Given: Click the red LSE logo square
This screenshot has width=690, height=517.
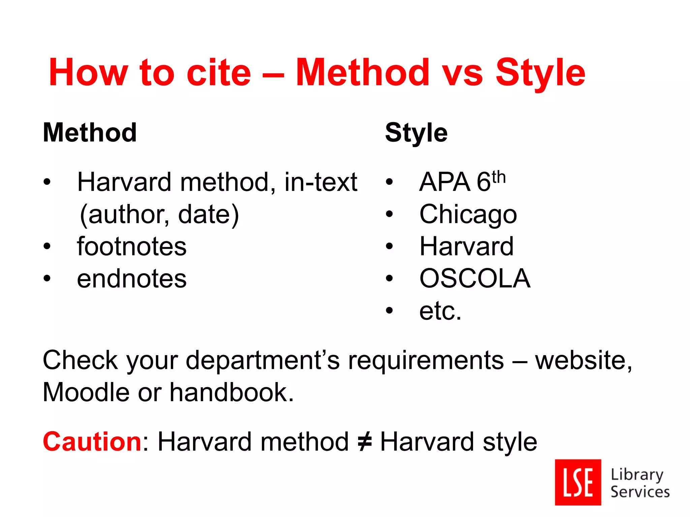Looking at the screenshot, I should [578, 482].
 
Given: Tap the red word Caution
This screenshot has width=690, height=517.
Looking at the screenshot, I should [92, 442].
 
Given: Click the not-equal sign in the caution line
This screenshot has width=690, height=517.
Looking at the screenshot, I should [364, 442].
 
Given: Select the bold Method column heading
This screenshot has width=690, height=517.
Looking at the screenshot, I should [90, 133].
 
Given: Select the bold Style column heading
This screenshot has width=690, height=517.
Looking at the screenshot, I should [416, 133].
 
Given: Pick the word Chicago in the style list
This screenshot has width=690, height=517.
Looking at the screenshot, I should [468, 214].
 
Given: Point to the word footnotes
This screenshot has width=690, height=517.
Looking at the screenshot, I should [131, 246].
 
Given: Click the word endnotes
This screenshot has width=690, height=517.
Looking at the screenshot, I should [131, 279].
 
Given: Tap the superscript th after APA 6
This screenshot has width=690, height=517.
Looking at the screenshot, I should [499, 177].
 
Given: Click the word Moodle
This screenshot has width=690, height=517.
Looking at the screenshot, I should [86, 392].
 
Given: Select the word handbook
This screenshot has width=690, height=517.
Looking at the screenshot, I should [231, 392].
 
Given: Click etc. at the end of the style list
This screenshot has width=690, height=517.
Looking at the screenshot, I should [440, 311].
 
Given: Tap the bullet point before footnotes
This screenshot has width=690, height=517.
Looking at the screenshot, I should [47, 247].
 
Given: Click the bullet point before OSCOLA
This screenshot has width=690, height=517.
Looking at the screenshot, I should [389, 279].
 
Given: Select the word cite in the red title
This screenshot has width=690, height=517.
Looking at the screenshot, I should [219, 73].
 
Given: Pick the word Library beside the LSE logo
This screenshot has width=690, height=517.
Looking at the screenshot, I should [637, 475].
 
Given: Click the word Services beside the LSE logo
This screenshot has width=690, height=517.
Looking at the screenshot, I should [640, 492].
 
